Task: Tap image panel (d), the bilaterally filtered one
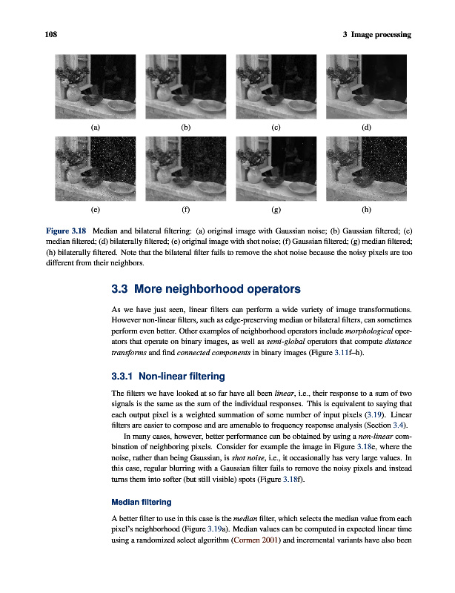[366, 85]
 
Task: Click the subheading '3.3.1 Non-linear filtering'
[160, 375]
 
